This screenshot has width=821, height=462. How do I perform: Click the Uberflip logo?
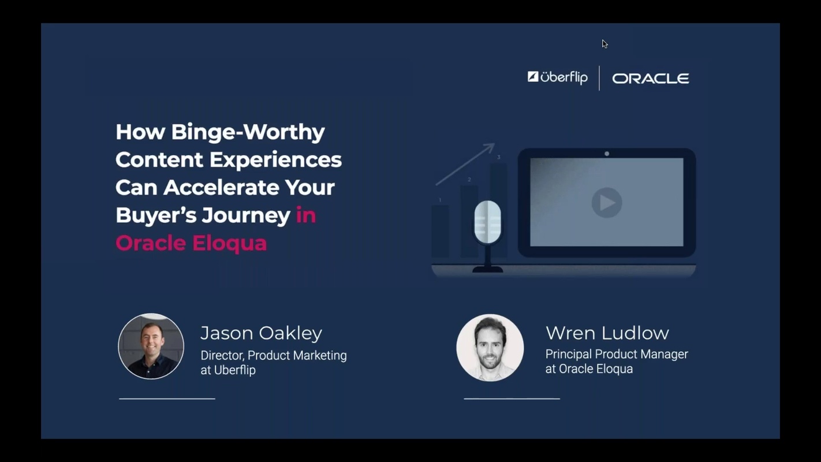(558, 77)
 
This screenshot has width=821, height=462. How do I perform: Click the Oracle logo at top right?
(650, 79)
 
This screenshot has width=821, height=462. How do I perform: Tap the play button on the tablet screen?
(606, 203)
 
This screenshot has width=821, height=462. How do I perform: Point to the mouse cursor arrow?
(604, 43)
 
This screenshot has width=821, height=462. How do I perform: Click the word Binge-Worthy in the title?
(248, 132)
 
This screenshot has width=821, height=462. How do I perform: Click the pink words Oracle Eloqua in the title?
(191, 243)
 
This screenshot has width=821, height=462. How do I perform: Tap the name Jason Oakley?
(261, 333)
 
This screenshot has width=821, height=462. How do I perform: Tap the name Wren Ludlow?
(607, 333)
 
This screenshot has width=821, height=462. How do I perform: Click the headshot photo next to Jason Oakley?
(151, 346)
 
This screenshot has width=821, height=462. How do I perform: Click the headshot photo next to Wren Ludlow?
(490, 348)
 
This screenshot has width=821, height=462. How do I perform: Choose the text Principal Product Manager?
(616, 354)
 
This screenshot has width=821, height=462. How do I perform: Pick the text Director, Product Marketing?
(273, 355)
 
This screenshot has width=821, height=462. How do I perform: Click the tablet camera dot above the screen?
(606, 154)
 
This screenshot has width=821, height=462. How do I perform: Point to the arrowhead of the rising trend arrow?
(490, 147)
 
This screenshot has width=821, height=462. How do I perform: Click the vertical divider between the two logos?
(599, 78)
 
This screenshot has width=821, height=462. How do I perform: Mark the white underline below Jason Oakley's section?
(167, 398)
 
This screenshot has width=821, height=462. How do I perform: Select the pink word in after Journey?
(305, 215)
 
